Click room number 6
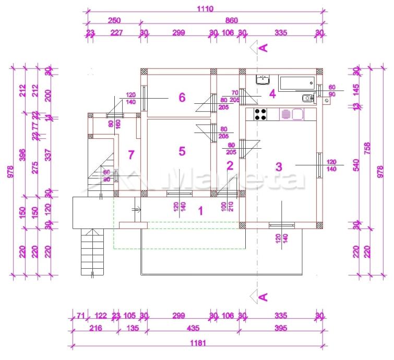[x=182, y=97]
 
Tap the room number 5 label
[x=182, y=151]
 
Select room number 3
[x=279, y=167]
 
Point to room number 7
[x=131, y=154]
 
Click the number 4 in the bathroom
[x=272, y=94]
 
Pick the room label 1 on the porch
[x=200, y=211]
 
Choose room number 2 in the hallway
[x=229, y=166]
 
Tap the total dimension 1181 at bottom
[x=199, y=343]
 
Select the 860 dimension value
[x=232, y=20]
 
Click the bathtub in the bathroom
[x=296, y=82]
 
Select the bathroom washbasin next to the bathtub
[x=262, y=80]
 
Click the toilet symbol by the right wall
[x=308, y=97]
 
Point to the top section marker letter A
[x=264, y=48]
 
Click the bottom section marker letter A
[x=264, y=297]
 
